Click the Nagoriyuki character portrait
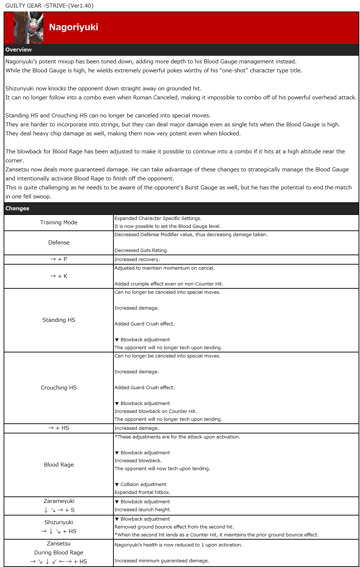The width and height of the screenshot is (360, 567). click(x=28, y=28)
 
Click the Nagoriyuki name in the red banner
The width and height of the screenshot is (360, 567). click(x=73, y=27)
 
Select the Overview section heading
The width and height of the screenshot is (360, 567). click(x=18, y=50)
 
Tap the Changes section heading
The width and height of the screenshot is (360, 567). click(x=17, y=208)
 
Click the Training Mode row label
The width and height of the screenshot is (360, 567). click(x=59, y=222)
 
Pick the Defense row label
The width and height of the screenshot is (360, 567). click(x=59, y=243)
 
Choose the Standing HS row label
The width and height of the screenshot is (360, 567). click(x=59, y=320)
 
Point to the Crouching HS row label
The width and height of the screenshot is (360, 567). click(x=59, y=388)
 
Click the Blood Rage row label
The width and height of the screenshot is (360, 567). click(x=59, y=465)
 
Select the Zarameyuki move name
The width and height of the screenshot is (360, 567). click(x=59, y=501)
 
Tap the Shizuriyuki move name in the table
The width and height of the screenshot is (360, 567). click(x=59, y=522)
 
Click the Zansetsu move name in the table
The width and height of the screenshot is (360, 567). click(x=59, y=544)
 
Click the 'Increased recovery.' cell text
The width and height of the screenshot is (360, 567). click(x=137, y=260)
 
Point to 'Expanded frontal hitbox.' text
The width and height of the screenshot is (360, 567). click(x=142, y=492)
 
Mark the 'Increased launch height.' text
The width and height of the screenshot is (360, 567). click(x=143, y=510)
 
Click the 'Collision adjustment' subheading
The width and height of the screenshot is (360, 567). click(x=143, y=485)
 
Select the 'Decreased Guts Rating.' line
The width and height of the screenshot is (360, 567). click(x=141, y=251)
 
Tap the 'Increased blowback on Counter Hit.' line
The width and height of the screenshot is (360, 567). click(x=156, y=411)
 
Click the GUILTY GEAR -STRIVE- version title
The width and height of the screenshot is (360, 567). click(x=49, y=6)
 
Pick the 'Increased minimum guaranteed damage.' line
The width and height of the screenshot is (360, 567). click(x=162, y=561)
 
